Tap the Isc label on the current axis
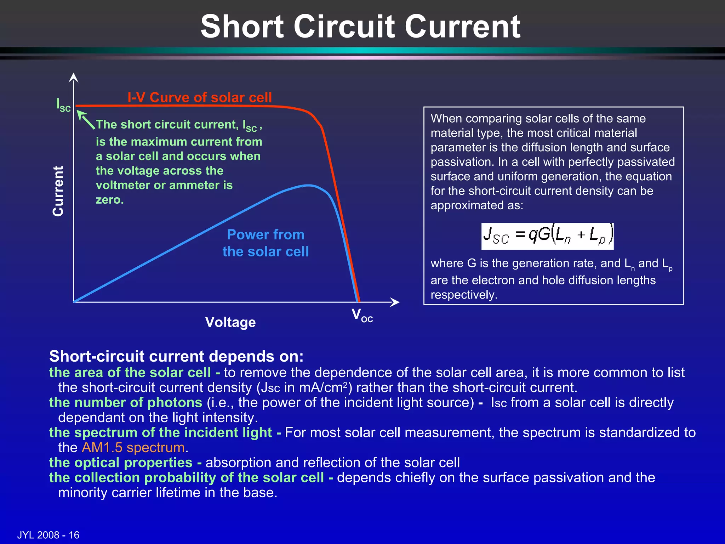[x=63, y=105]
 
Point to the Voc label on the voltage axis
[x=362, y=315]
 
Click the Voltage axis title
[x=230, y=322]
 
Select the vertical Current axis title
[x=58, y=191]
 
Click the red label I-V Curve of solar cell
[x=200, y=97]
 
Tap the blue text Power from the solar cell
[x=266, y=243]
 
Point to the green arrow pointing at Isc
[x=86, y=119]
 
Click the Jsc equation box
[x=547, y=236]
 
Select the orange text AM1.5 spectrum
[x=133, y=448]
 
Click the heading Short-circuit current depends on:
[x=176, y=356]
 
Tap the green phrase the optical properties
[x=121, y=463]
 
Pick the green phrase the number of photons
[x=126, y=403]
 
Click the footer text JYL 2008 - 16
[x=48, y=535]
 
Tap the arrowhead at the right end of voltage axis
[x=395, y=302]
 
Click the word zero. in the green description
[x=110, y=200]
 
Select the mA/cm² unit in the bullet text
[x=323, y=387]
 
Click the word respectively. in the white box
[x=464, y=295]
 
